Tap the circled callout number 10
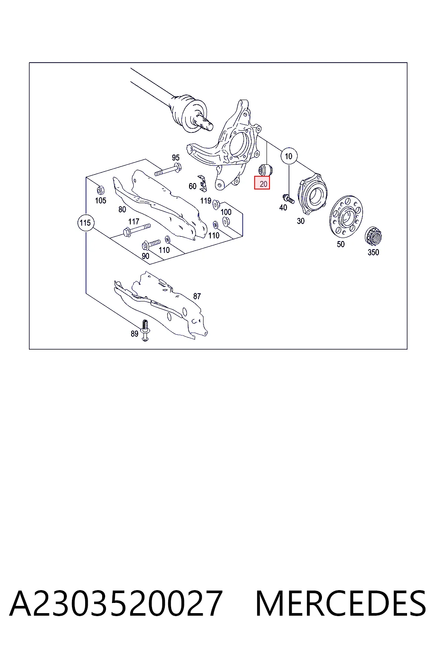(x=289, y=156)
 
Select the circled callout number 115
(x=85, y=223)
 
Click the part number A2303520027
(x=116, y=604)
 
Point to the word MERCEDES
(x=341, y=604)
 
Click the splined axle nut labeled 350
(x=373, y=236)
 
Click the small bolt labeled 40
(x=288, y=198)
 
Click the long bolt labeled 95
(x=168, y=169)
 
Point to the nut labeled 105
(x=100, y=190)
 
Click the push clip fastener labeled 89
(x=145, y=330)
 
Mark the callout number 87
(x=197, y=296)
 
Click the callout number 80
(x=122, y=209)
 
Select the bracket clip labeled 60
(x=203, y=184)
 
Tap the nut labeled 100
(x=226, y=221)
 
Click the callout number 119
(x=206, y=201)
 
